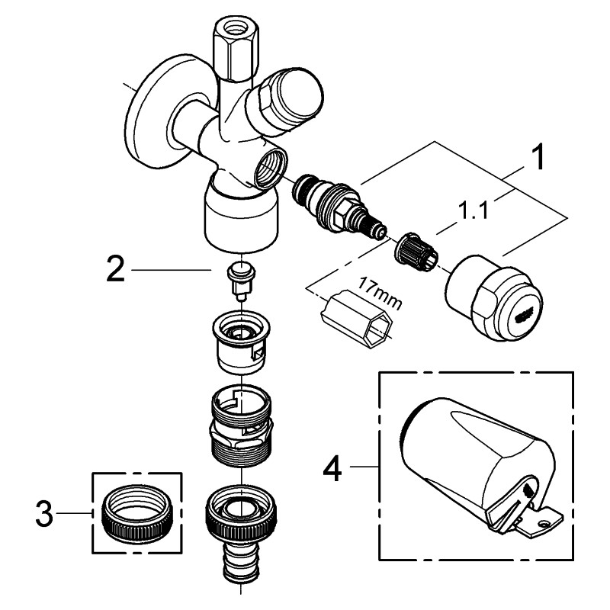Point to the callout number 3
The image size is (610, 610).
coord(45,515)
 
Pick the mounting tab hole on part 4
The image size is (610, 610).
coord(544,524)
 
